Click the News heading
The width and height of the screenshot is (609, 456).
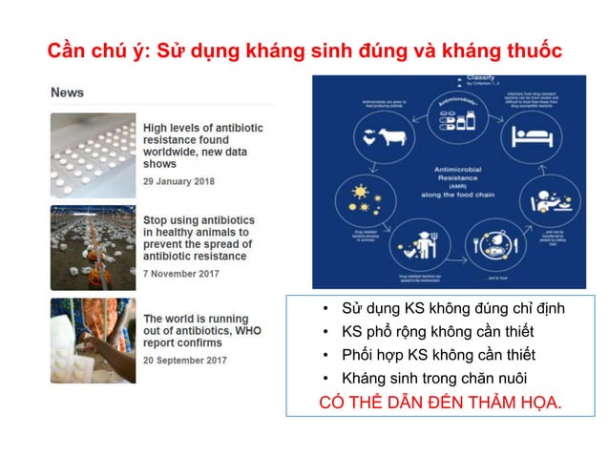click(x=67, y=93)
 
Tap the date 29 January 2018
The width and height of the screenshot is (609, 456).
click(x=178, y=181)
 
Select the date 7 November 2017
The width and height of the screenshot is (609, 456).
click(x=181, y=274)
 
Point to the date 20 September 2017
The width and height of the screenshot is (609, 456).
click(x=185, y=360)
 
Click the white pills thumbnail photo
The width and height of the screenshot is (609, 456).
click(x=93, y=155)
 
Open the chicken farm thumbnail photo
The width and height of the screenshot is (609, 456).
click(x=93, y=247)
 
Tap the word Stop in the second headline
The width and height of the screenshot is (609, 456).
click(x=158, y=220)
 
